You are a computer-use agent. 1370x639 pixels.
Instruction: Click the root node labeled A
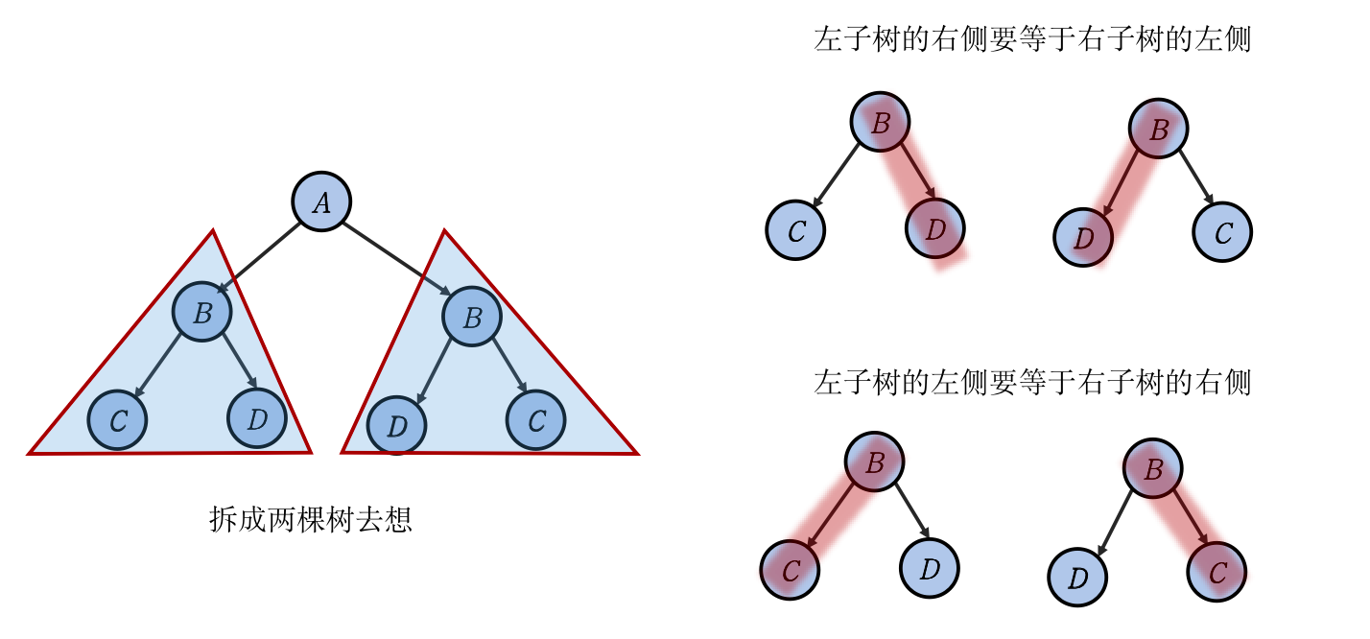click(x=321, y=202)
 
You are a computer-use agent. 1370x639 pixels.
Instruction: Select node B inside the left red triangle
click(x=202, y=313)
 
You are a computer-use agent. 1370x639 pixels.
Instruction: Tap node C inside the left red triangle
click(x=117, y=420)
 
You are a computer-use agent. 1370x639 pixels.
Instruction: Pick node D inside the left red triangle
click(x=257, y=419)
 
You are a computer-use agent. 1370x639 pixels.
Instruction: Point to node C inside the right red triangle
click(x=536, y=420)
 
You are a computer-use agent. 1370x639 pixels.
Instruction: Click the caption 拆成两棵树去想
click(x=311, y=520)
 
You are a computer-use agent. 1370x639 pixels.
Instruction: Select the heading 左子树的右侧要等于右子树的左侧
click(x=1031, y=40)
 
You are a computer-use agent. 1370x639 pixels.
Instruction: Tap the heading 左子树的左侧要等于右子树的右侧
click(x=1031, y=383)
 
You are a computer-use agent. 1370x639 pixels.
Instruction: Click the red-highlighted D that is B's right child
click(x=934, y=229)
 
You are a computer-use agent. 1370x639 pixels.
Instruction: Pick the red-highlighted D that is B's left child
click(x=1083, y=237)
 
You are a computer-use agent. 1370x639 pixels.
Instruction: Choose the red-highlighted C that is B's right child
click(x=1216, y=573)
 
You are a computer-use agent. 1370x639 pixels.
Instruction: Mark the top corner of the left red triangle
click(x=213, y=231)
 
